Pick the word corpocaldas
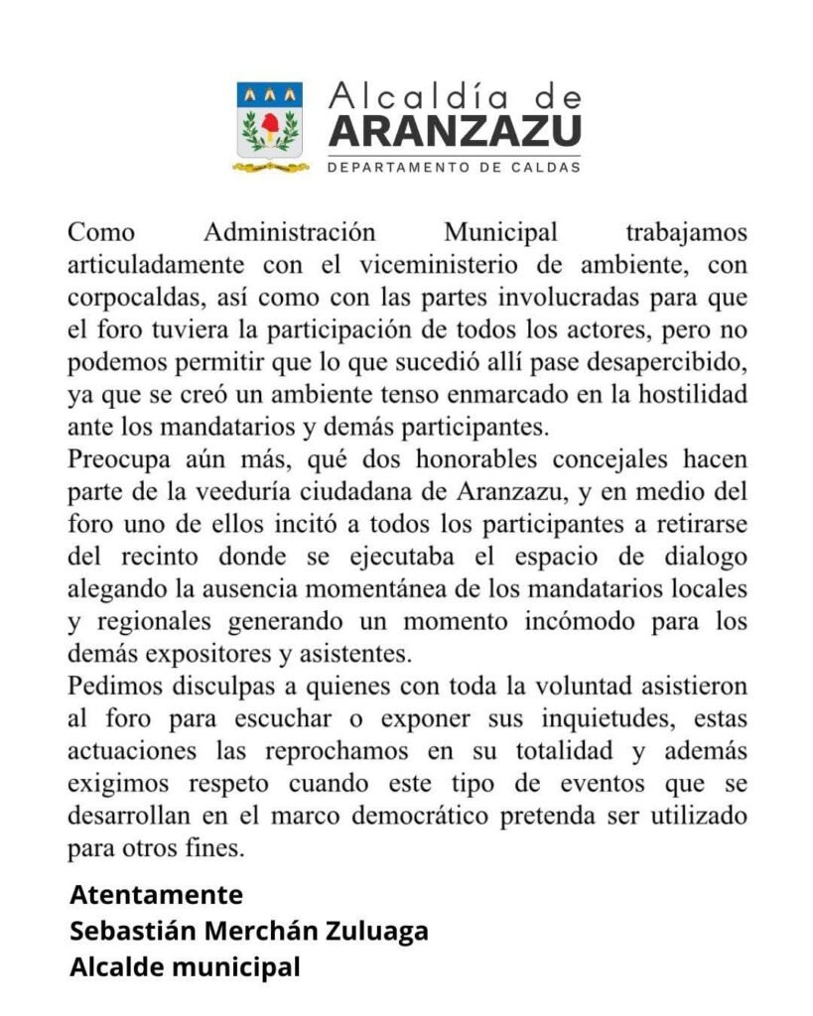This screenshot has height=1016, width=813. [127, 299]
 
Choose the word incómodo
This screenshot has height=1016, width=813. [554, 622]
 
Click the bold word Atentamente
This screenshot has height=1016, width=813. [156, 895]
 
